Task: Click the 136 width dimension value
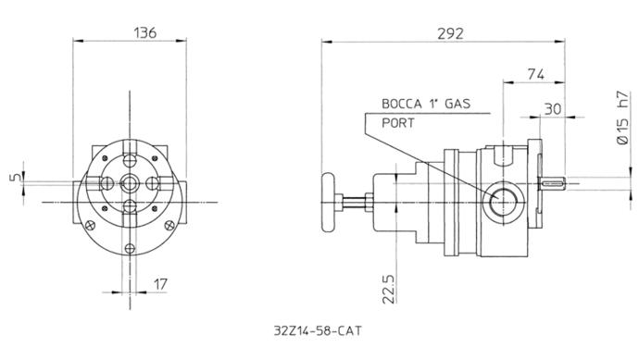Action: coord(145,32)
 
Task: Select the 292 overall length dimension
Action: coord(450,34)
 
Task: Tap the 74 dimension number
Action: coord(535,75)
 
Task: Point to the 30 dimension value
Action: coord(553,109)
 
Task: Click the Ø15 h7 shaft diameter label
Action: coord(622,118)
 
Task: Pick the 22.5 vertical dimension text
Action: coord(389,289)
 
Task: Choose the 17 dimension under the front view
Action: coord(160,284)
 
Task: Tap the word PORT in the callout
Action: coord(397,123)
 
